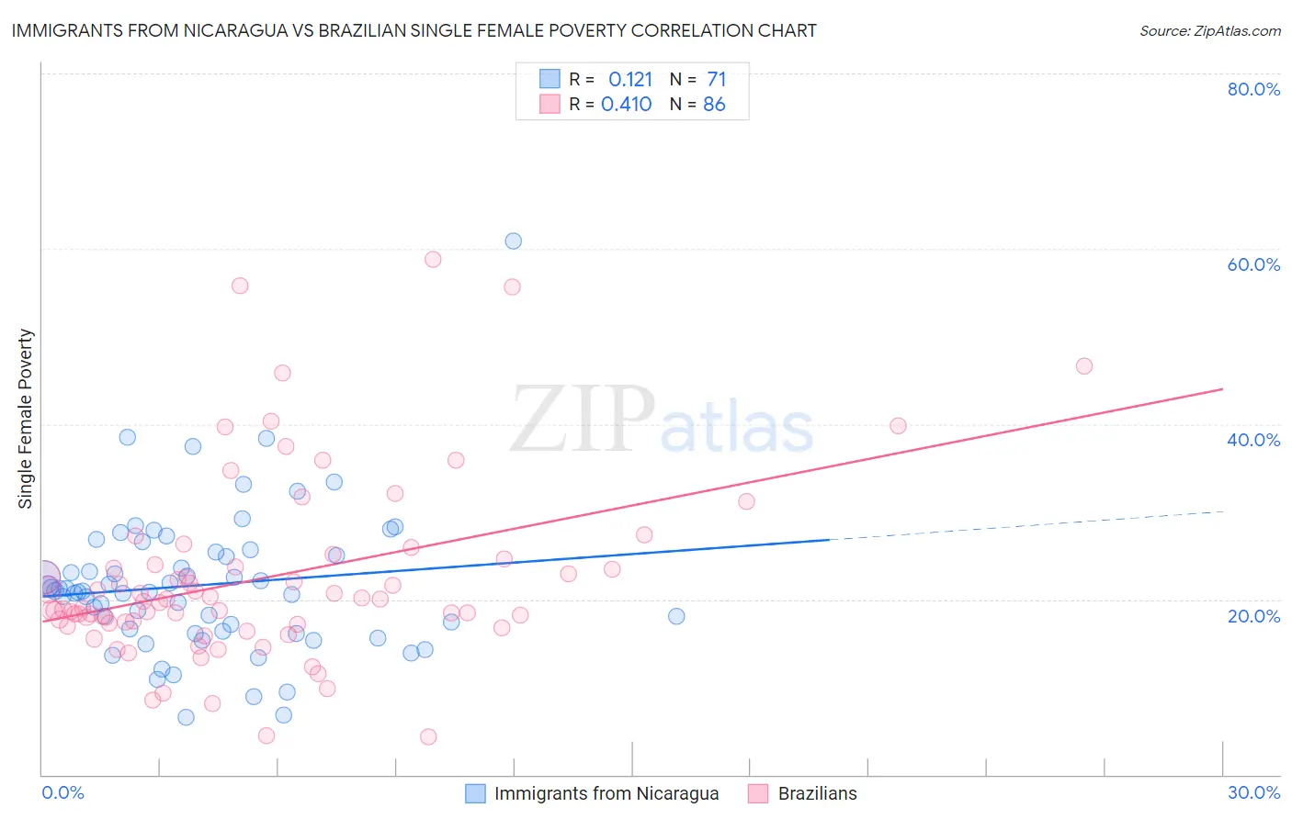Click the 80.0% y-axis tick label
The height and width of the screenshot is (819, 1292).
pyautogui.click(x=1253, y=89)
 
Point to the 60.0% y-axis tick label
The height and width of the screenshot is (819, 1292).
pyautogui.click(x=1253, y=264)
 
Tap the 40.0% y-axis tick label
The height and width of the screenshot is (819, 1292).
pyautogui.click(x=1253, y=440)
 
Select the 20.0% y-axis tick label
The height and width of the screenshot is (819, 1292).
pyautogui.click(x=1253, y=615)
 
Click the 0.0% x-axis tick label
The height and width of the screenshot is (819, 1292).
pyautogui.click(x=62, y=792)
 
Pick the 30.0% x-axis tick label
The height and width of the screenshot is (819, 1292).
pyautogui.click(x=1253, y=792)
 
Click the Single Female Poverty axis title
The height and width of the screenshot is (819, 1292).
pyautogui.click(x=26, y=419)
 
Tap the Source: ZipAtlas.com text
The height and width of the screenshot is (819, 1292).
pyautogui.click(x=1209, y=30)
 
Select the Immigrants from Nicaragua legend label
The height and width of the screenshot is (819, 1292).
pyautogui.click(x=606, y=793)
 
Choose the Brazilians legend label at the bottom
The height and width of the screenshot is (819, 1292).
pyautogui.click(x=817, y=793)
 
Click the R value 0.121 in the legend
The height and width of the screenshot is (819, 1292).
pyautogui.click(x=630, y=79)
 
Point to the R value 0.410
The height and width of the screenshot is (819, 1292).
pyautogui.click(x=627, y=105)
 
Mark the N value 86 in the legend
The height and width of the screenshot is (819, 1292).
pyautogui.click(x=714, y=105)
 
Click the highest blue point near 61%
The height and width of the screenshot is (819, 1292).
pyautogui.click(x=514, y=241)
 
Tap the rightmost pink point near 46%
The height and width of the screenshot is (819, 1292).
pyautogui.click(x=1084, y=366)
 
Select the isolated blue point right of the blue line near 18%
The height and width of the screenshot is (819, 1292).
pyautogui.click(x=676, y=616)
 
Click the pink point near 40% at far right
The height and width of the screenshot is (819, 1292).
pyautogui.click(x=899, y=426)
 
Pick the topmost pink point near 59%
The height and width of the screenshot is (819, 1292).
pyautogui.click(x=433, y=259)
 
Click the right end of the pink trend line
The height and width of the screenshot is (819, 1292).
pyautogui.click(x=1222, y=389)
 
